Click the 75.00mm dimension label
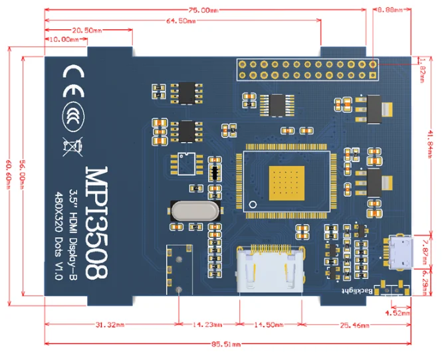click(x=203, y=10)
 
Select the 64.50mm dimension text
click(x=181, y=21)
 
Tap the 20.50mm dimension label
click(x=86, y=31)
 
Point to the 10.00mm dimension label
click(x=64, y=39)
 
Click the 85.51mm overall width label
click(x=226, y=344)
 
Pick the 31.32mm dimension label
click(x=110, y=325)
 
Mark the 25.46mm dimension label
click(x=354, y=325)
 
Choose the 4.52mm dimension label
click(x=397, y=314)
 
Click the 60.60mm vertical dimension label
click(x=9, y=174)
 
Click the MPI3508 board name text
click(x=97, y=223)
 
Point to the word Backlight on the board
click(x=358, y=291)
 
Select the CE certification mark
click(x=73, y=81)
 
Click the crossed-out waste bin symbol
click(x=73, y=147)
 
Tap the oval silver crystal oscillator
click(x=195, y=211)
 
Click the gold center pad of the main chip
click(x=286, y=183)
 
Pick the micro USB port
click(x=400, y=252)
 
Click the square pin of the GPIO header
click(x=373, y=75)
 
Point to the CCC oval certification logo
click(x=73, y=116)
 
